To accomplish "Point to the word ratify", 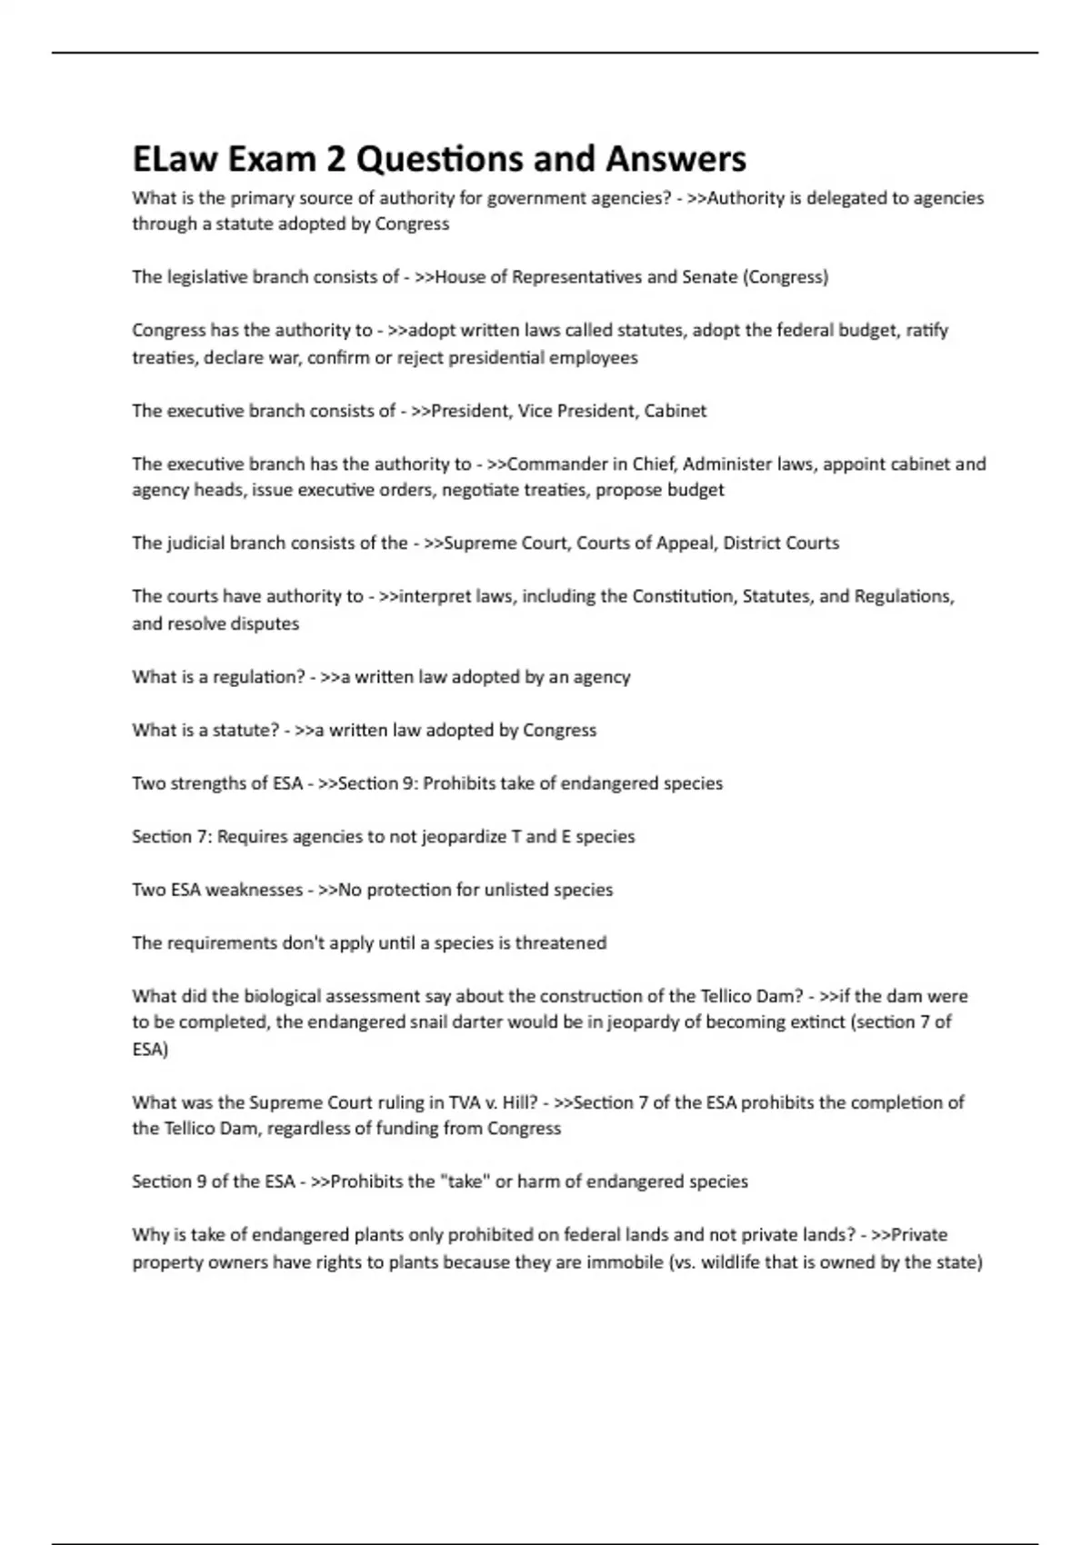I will pyautogui.click(x=927, y=331).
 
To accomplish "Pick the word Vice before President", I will pyautogui.click(x=535, y=411).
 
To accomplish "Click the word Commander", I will pyautogui.click(x=556, y=464).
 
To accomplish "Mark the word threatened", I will pyautogui.click(x=560, y=943).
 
